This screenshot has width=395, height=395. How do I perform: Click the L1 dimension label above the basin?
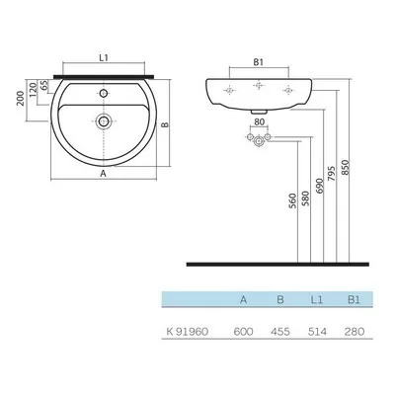point(104,58)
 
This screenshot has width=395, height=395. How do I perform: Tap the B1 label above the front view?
point(259,62)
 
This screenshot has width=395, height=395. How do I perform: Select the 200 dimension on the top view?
point(21,98)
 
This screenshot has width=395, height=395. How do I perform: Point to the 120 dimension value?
point(32,90)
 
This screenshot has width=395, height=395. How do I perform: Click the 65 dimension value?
point(44,85)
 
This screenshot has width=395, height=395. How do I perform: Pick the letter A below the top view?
point(104,174)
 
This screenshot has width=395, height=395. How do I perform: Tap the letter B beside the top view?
point(165,124)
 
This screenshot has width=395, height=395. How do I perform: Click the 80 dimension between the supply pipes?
point(260,121)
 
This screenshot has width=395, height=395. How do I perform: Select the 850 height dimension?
point(345,167)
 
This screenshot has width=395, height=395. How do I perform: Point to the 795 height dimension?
point(332,174)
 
